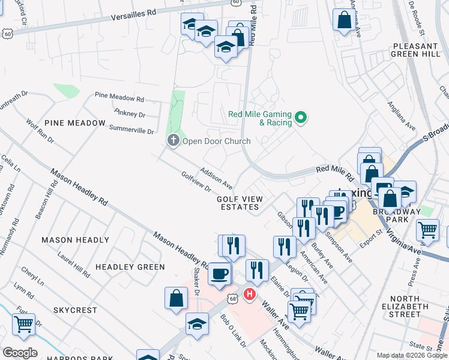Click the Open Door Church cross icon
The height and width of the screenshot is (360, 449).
pos(173,140)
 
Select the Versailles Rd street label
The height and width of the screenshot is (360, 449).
pos(133,15)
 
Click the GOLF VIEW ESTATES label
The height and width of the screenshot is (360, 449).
pos(240,202)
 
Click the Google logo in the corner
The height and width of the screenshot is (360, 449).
pos(20,352)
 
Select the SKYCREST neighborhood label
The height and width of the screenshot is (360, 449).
pos(75,310)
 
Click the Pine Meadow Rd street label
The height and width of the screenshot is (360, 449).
pos(120,97)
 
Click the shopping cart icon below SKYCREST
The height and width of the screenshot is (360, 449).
pos(23,325)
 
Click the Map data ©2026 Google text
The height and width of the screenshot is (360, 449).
pos(412,355)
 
